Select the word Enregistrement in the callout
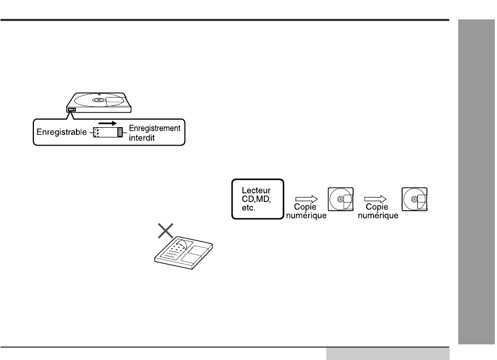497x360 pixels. point(156,128)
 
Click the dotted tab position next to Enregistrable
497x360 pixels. point(96,132)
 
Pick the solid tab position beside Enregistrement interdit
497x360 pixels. point(120,132)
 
